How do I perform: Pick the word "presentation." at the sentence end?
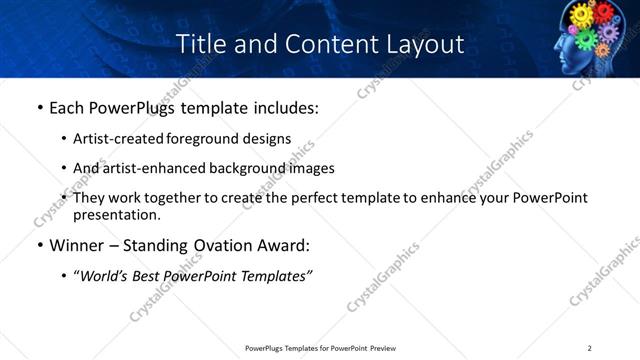coord(116,214)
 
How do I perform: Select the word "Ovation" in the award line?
coord(219,245)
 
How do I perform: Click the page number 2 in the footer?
coord(589,348)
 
